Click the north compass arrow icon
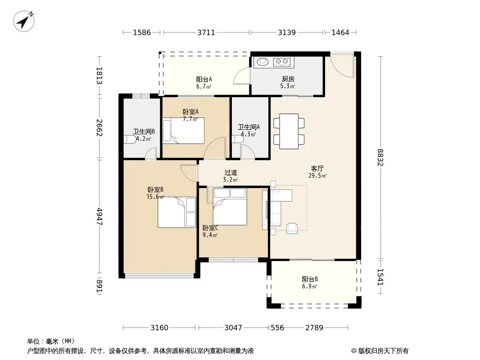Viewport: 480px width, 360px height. pos(23,21)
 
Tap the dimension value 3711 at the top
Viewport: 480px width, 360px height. pos(206,32)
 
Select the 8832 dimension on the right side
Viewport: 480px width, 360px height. pos(380,157)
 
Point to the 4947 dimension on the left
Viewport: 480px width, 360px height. pos(100,216)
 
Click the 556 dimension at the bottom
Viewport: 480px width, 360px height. pos(277,328)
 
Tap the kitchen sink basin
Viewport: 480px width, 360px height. pos(263,62)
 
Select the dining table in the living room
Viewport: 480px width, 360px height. pos(289,131)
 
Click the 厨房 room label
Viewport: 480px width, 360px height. pos(288,79)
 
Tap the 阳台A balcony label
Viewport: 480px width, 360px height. pos(204,80)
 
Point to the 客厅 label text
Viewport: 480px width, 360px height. pos(317,169)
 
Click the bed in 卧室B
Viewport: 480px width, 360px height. pos(177,212)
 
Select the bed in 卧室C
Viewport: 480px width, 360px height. pos(230,207)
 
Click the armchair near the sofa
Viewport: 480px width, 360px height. pos(292,228)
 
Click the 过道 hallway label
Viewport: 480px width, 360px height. pos(231,173)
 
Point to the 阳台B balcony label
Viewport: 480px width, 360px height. pos(310,279)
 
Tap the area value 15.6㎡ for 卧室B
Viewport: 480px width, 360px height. pos(155,197)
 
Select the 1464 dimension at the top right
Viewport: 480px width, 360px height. pos(340,32)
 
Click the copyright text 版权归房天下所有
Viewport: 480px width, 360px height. pos(383,351)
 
